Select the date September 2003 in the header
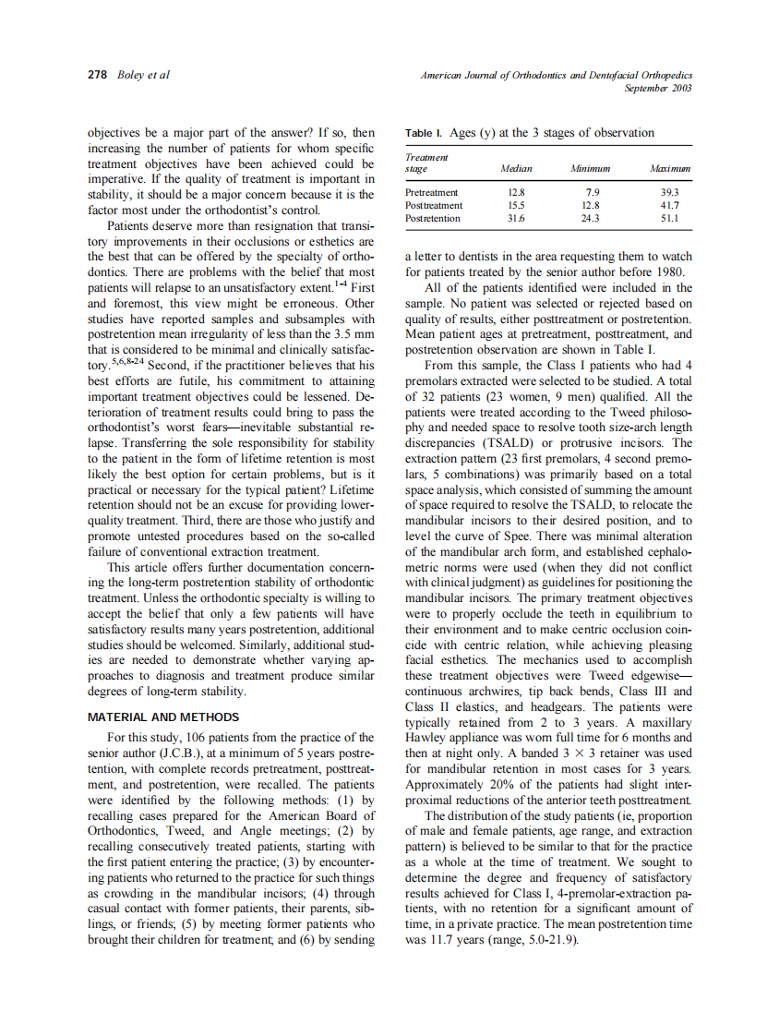click(658, 88)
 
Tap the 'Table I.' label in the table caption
click(424, 133)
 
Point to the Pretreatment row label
click(432, 192)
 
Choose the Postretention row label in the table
click(433, 218)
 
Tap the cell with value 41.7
click(670, 205)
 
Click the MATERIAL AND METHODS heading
click(163, 717)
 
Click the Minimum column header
click(591, 169)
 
